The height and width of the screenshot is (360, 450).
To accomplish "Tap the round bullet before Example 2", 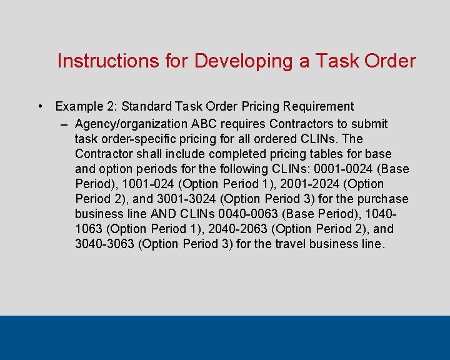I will (40, 106).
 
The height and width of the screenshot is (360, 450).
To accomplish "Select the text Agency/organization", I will (130, 124).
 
